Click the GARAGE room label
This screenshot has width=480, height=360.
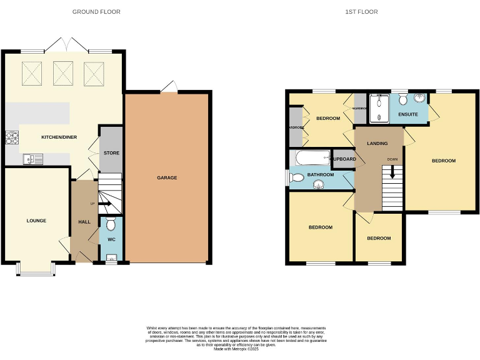(x=167, y=178)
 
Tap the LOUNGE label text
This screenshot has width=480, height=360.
(x=36, y=221)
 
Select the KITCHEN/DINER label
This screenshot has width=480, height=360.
(x=59, y=137)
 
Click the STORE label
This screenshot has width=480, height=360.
(x=112, y=153)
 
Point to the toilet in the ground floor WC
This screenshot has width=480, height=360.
(x=112, y=224)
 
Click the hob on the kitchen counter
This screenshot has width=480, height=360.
(x=12, y=137)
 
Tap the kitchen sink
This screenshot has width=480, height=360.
(x=32, y=159)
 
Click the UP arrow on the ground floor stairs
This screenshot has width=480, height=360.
(x=103, y=204)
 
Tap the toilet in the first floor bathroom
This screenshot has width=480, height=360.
(x=296, y=179)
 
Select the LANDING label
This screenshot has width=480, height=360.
(x=376, y=144)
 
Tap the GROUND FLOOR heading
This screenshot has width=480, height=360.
(x=96, y=12)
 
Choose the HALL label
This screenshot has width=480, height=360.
(x=84, y=222)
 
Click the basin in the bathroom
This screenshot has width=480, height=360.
(x=324, y=184)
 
